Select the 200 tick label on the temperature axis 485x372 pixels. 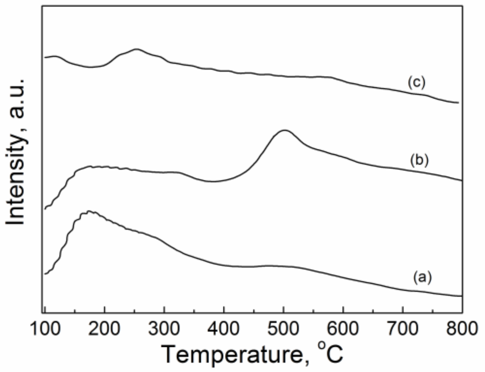[x=104, y=329]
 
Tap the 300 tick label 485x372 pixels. [x=164, y=329]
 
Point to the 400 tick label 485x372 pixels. [x=224, y=329]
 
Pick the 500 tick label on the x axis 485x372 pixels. [x=283, y=329]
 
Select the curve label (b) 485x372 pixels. [x=419, y=160]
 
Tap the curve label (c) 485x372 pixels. [x=417, y=83]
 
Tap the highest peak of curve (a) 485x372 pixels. [x=90, y=212]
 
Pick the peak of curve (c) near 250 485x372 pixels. [x=137, y=49]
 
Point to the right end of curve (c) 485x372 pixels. [x=458, y=103]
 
